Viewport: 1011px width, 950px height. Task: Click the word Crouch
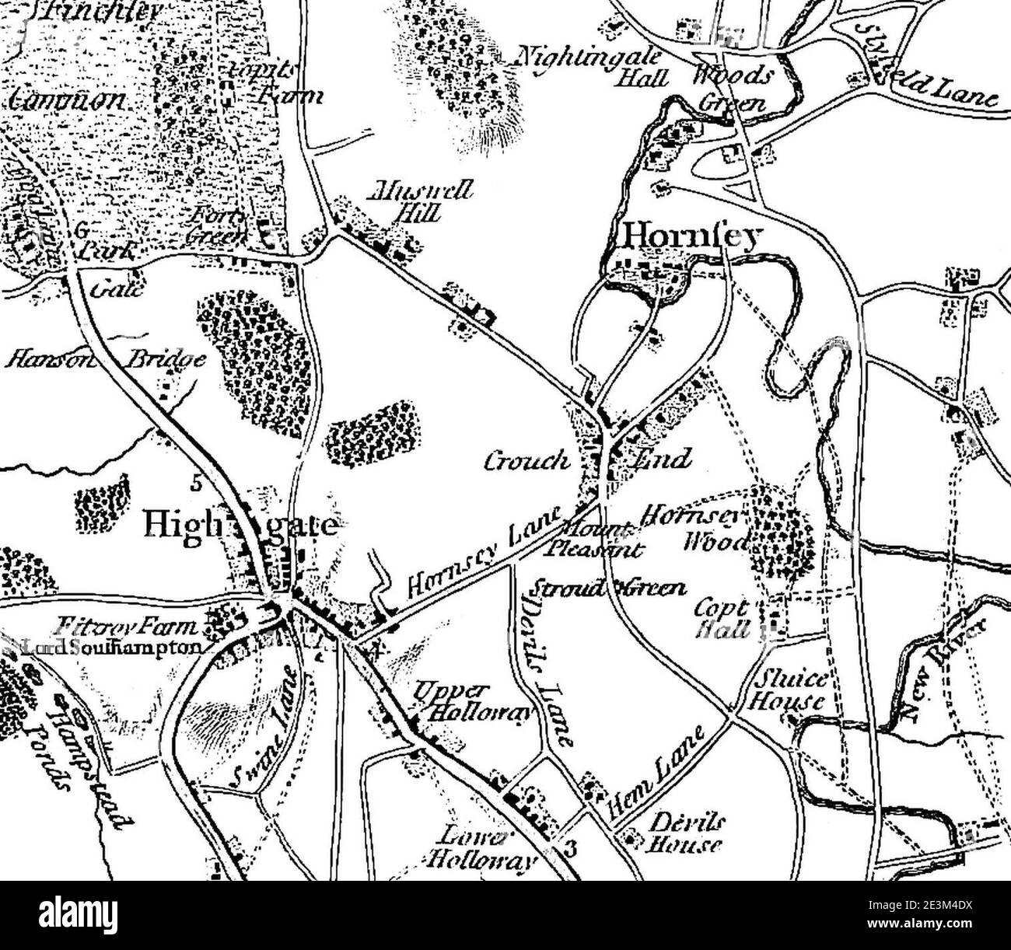(x=526, y=462)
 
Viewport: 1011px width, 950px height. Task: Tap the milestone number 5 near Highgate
(x=196, y=484)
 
